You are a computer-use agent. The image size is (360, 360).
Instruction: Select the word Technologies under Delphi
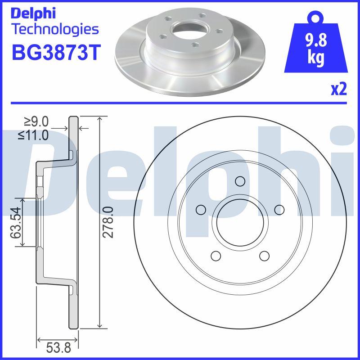point(54,30)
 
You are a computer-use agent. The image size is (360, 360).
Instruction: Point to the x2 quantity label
point(338,90)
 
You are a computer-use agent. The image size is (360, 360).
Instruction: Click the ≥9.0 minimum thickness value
point(36,121)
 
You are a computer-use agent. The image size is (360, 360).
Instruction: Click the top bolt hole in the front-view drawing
point(240,181)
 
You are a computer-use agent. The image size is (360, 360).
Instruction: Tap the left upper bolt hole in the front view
point(201,209)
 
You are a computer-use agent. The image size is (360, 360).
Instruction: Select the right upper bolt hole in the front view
point(279,209)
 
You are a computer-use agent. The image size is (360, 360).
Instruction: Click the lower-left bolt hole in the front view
point(216,256)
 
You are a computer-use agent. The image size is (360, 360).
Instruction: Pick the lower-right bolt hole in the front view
point(264,256)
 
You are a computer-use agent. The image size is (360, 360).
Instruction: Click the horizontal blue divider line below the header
point(180,103)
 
